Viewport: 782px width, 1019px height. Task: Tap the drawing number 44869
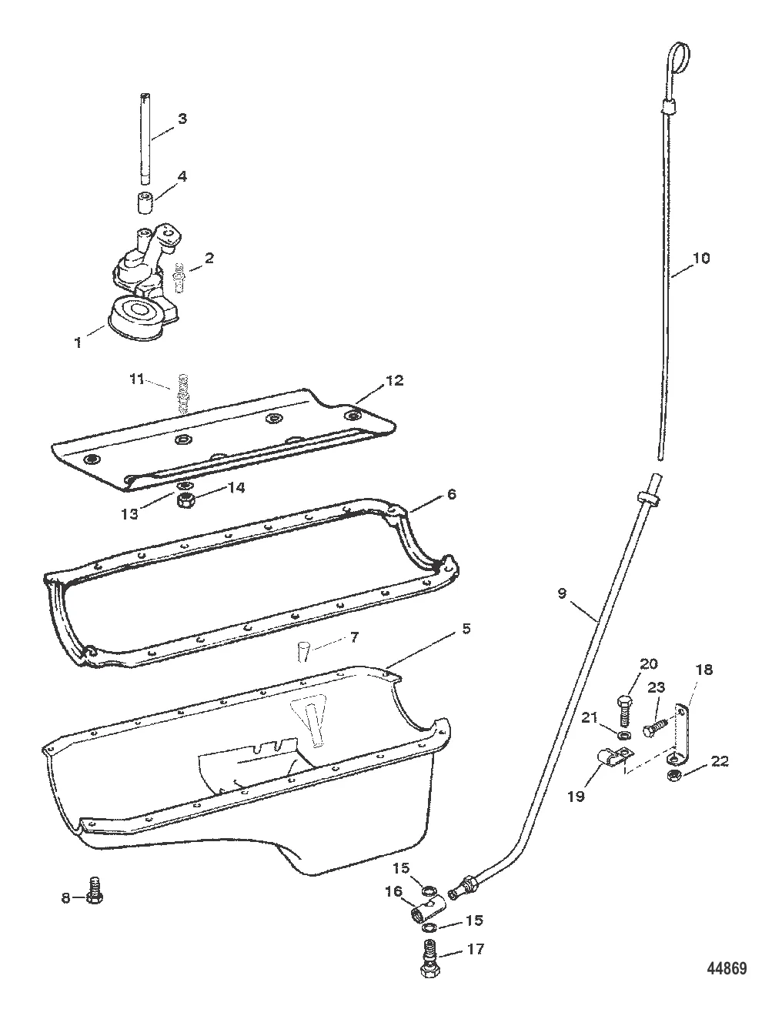[x=727, y=967]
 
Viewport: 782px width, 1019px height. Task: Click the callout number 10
[x=701, y=258]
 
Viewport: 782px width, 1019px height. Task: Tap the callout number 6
[x=451, y=494]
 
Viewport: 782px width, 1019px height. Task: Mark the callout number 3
[x=182, y=119]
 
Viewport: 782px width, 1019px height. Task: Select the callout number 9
[x=562, y=593]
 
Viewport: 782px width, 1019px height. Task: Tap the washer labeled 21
[x=624, y=733]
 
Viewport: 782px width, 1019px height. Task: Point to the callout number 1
[x=78, y=342]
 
